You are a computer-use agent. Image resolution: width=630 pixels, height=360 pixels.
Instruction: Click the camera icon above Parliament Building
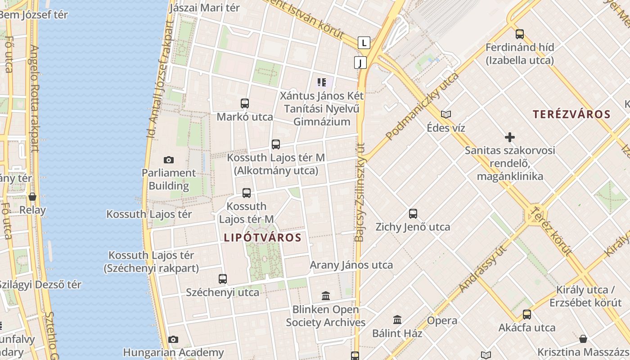169,160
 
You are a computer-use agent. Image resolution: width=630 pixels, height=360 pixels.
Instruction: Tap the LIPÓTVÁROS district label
262,238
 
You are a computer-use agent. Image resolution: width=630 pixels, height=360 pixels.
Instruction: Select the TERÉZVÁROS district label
571,114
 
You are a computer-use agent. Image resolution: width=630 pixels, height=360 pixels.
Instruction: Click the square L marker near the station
364,43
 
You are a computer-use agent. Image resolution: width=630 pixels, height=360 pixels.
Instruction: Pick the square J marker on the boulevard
360,63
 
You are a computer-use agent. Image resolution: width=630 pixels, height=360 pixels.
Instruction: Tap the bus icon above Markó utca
245,103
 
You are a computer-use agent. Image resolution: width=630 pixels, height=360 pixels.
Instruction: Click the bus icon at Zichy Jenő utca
413,214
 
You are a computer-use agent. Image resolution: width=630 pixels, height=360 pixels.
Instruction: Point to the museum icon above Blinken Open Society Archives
326,296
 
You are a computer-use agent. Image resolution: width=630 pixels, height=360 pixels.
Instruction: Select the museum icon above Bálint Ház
397,320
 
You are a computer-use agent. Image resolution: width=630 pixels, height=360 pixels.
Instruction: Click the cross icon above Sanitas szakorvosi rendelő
510,137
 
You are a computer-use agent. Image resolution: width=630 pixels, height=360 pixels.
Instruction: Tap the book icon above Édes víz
446,115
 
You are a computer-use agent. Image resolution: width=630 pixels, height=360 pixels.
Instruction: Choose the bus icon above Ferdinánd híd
520,34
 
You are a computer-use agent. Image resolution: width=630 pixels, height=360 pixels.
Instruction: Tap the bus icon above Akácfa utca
526,315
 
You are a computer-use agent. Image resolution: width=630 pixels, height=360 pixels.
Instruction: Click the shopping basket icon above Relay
32,197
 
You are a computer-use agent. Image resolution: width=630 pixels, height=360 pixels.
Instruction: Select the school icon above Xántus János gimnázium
321,82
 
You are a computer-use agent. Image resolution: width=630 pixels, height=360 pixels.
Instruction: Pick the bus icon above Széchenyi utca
223,279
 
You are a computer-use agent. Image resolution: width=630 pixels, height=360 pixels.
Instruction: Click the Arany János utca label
351,265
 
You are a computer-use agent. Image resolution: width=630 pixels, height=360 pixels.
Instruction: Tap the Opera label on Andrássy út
442,321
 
